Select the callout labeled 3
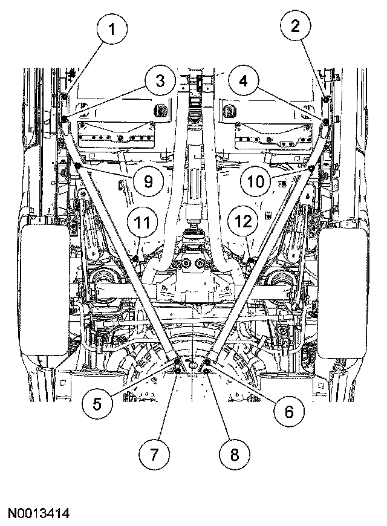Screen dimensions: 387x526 click(159, 81)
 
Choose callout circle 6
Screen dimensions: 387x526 click(288, 411)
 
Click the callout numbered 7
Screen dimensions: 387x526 click(152, 453)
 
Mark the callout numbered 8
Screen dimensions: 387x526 click(234, 453)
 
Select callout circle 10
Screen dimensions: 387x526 click(258, 180)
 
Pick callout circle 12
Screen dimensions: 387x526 click(244, 222)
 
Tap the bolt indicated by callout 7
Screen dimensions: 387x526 click(177, 370)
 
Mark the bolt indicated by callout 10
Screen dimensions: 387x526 click(311, 167)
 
